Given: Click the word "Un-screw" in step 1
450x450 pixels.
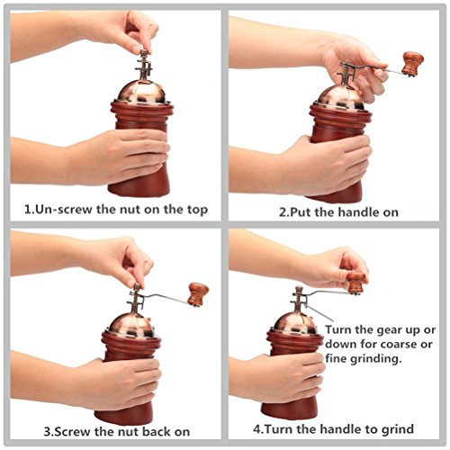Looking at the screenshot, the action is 64,209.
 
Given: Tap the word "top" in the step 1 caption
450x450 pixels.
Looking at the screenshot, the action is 198,210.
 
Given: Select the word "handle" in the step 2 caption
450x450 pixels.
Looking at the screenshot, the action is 357,212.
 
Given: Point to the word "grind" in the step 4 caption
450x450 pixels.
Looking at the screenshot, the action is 398,429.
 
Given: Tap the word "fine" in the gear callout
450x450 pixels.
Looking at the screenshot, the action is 335,358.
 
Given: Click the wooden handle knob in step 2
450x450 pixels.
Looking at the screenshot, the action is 412,63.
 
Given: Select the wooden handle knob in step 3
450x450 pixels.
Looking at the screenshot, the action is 198,294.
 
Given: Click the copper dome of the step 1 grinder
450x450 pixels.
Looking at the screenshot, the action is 141,93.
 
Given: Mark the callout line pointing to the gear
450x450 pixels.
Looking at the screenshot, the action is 319,313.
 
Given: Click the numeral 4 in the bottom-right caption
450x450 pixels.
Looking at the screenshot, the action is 257,428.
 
